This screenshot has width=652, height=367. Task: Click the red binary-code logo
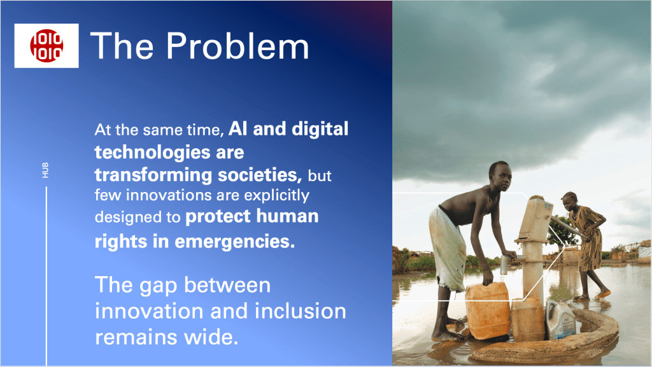coord(46,46)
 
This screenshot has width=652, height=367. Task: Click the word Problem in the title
coord(238,46)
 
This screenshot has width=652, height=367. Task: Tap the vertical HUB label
coord(45,170)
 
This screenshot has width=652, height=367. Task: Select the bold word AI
coord(238,128)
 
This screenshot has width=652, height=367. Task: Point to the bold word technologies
coord(153,152)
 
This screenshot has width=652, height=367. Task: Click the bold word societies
coord(260,175)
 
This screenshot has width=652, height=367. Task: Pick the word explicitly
coord(277,195)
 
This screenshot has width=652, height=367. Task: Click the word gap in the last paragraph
coord(159,286)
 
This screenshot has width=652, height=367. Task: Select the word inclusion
coord(301,311)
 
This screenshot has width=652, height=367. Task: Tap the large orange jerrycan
coord(488,310)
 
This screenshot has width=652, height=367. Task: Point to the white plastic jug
coord(560,320)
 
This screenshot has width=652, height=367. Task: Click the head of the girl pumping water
coord(570,200)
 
